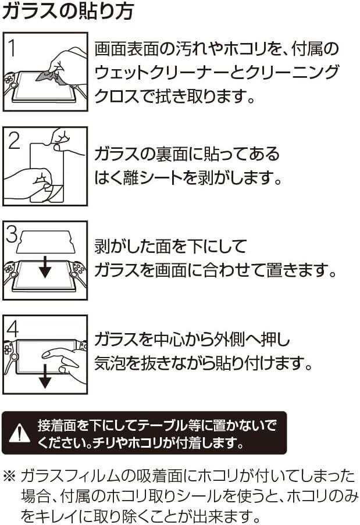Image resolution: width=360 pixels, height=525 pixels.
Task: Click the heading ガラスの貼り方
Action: (68, 11)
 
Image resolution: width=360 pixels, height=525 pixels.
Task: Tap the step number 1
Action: (12, 48)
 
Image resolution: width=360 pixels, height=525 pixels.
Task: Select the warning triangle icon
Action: (19, 433)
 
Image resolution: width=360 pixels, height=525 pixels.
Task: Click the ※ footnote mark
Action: (10, 476)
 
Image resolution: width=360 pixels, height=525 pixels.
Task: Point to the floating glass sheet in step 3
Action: (46, 241)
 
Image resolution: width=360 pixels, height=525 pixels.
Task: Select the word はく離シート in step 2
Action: (139, 177)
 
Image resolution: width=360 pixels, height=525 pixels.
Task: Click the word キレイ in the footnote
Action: (55, 516)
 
